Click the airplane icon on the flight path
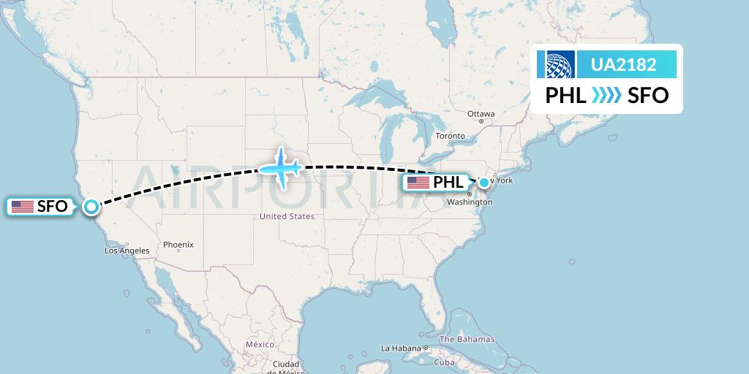(280, 169)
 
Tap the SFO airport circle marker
(91, 207)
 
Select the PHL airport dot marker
(484, 182)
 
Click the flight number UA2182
(623, 65)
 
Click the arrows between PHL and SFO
(606, 96)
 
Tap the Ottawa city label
(481, 114)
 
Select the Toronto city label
(450, 137)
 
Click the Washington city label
(469, 202)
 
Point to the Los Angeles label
(127, 251)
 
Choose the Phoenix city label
(178, 245)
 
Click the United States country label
(287, 216)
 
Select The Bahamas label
(467, 339)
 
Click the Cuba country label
(445, 362)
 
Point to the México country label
(260, 344)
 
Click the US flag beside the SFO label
(23, 207)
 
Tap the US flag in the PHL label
(418, 183)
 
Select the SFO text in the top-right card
(648, 96)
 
